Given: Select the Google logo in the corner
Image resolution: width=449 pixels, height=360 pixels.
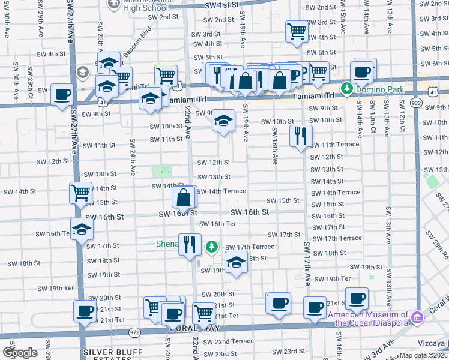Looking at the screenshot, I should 20,353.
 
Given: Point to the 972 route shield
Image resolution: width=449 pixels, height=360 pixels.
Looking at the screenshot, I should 134,331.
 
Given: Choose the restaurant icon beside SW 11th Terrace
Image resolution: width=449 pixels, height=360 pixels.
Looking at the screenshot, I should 300,135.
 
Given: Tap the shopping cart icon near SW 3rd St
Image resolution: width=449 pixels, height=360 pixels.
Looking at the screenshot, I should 297,31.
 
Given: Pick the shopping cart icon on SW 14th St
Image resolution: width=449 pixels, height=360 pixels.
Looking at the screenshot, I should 80,193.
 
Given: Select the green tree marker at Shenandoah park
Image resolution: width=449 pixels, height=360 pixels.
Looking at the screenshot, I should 212,247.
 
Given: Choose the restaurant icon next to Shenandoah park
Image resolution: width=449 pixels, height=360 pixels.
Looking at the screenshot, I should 190,244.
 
